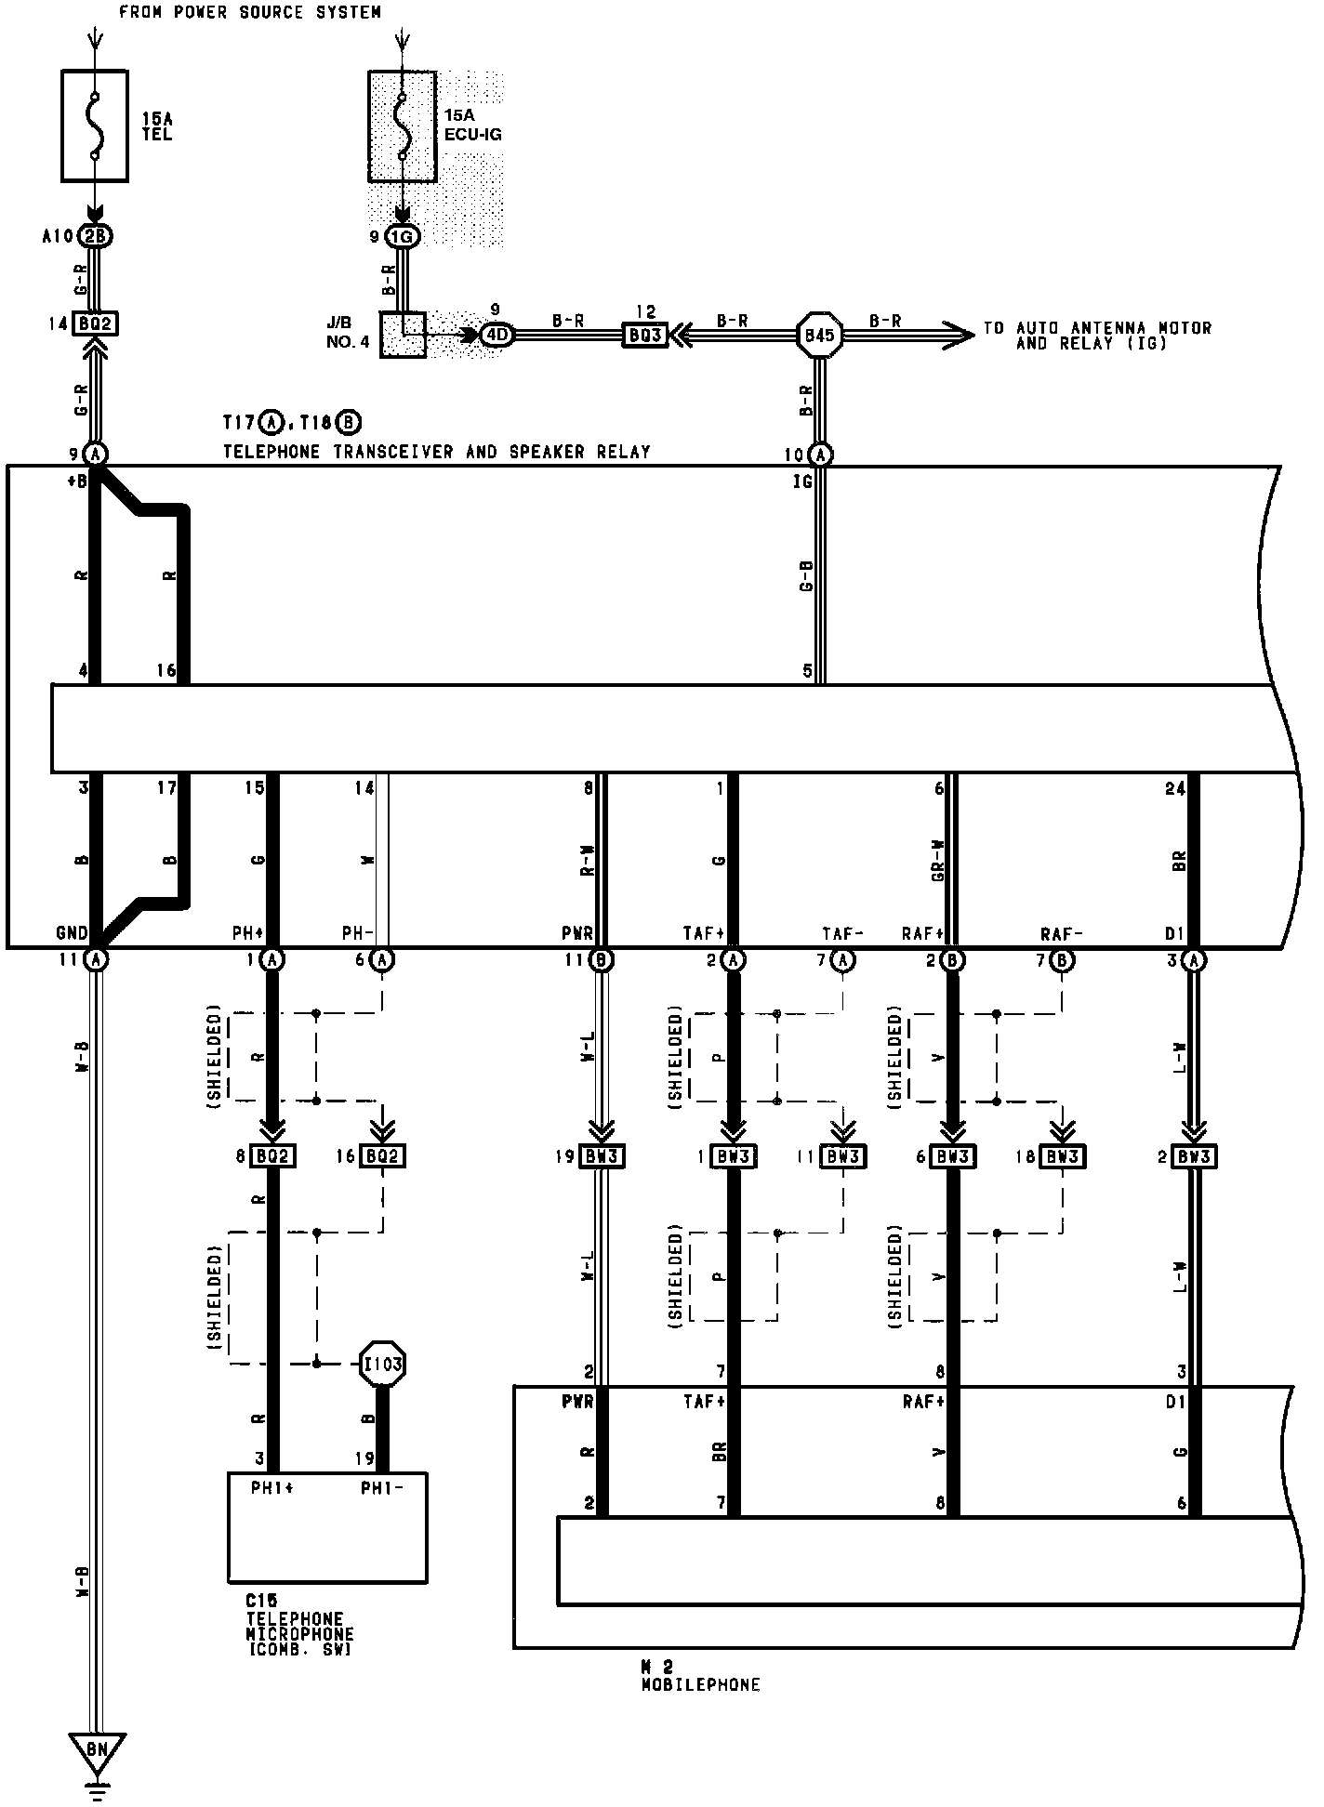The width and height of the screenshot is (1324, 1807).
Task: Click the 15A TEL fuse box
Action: click(x=95, y=125)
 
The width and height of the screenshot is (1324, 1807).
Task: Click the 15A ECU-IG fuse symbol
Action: click(x=402, y=126)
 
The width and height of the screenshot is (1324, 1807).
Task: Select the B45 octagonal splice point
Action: click(x=819, y=335)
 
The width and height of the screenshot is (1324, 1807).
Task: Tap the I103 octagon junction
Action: click(x=383, y=1364)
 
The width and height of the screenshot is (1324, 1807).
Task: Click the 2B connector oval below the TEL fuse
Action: click(x=96, y=236)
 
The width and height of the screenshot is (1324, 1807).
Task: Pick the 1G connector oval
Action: click(x=402, y=237)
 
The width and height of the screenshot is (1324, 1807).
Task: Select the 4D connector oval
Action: click(x=496, y=335)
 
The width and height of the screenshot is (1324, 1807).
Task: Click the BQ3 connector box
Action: click(x=644, y=335)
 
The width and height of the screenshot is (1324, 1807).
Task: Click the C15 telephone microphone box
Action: click(x=327, y=1526)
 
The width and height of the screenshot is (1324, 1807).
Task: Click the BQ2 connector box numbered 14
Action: click(x=96, y=324)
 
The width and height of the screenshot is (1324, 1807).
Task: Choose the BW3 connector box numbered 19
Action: click(x=602, y=1156)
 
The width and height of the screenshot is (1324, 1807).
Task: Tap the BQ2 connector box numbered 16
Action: click(x=383, y=1156)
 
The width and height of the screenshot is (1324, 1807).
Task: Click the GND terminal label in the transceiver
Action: click(x=73, y=933)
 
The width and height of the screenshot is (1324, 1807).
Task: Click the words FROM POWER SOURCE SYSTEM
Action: click(x=250, y=12)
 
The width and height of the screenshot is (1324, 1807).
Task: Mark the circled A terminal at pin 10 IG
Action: click(x=819, y=455)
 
